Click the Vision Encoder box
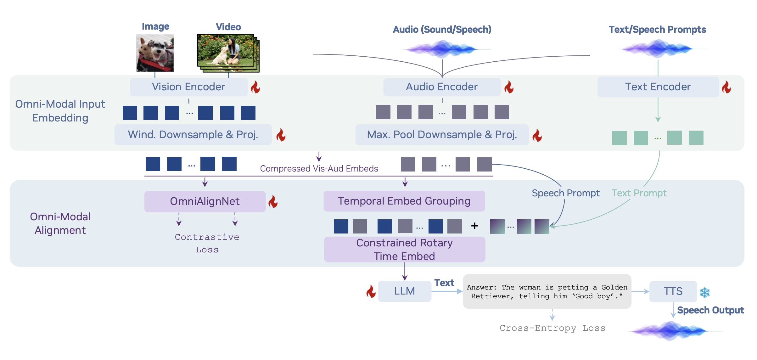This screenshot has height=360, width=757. point(188,87)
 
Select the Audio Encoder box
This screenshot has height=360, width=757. point(442,87)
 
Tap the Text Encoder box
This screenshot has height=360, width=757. point(658,87)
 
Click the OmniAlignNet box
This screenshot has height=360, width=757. point(205,201)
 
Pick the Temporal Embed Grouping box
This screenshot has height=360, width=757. point(404,201)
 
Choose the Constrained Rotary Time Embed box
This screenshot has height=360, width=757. point(404,250)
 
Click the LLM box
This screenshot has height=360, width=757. point(404,291)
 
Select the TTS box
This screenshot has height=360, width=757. point(673,291)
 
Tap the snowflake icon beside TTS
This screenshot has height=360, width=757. point(705,292)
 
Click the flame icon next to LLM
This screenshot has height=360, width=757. point(371,292)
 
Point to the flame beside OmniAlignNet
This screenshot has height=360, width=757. point(273,202)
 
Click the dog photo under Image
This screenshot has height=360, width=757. point(155,53)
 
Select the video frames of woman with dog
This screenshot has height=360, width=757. point(228,53)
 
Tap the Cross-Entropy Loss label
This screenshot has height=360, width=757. point(552,328)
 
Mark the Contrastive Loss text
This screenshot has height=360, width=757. point(207,243)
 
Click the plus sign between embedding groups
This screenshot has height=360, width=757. point(474,226)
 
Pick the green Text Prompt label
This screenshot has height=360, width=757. point(639,193)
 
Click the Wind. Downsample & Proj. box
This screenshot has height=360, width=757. point(193,135)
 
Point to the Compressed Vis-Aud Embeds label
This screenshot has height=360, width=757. point(319,169)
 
